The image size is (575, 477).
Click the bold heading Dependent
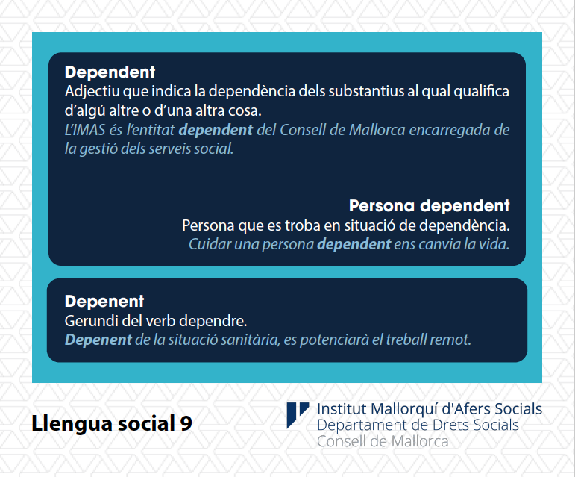coord(110,72)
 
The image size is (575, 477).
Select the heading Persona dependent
coord(429,206)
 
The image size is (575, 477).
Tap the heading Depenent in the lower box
coord(104,302)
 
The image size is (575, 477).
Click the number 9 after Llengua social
coord(186,423)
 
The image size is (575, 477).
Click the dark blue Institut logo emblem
coord(297,414)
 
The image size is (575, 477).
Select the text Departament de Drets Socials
coord(418,425)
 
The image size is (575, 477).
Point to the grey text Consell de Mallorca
coord(383,441)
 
